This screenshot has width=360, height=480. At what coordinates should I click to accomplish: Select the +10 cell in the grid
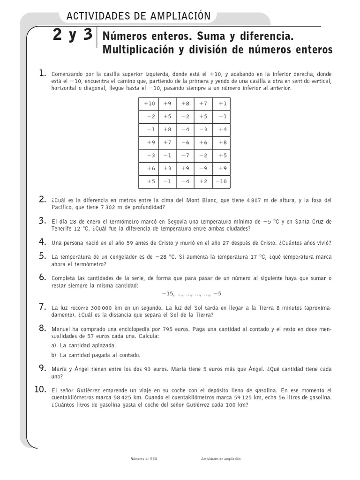[149, 104]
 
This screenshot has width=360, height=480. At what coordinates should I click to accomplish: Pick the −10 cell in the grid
[222, 181]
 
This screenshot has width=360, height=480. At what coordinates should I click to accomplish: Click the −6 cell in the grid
[185, 142]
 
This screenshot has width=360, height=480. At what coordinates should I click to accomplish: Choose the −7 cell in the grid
[185, 155]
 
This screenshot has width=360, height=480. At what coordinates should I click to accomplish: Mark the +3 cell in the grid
[167, 168]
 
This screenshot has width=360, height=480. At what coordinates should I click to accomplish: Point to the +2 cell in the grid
[203, 181]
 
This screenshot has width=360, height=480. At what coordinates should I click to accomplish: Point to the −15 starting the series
[168, 293]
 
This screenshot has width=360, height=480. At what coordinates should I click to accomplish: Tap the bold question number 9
[42, 368]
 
